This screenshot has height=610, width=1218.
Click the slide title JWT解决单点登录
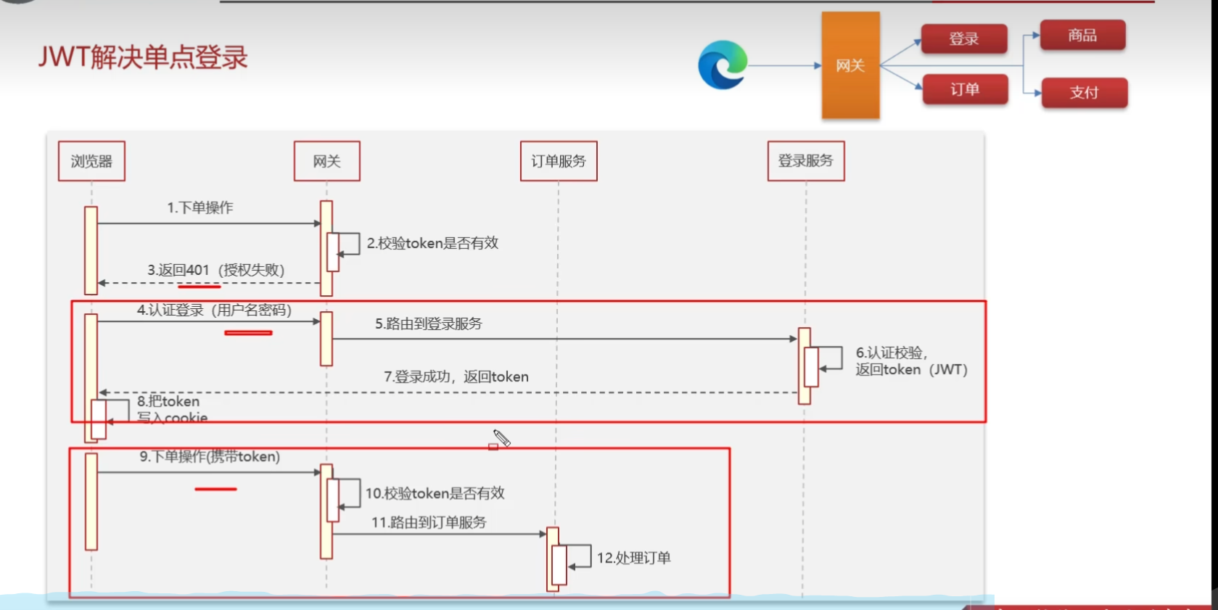coord(143,57)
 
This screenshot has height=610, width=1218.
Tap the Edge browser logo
coord(723,65)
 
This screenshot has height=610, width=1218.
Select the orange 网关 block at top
coord(850,65)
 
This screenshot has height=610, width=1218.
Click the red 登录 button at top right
coord(964,39)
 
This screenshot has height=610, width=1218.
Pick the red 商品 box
coord(1082,36)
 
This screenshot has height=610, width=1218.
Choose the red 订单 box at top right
coord(965,89)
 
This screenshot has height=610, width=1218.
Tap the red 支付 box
coord(1084,92)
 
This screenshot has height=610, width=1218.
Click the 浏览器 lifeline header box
coord(91,161)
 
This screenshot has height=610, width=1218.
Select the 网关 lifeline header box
coord(326,161)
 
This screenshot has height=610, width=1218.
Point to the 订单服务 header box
coord(559,161)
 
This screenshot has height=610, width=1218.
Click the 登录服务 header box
coord(805,161)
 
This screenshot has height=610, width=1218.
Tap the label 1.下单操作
coord(200,207)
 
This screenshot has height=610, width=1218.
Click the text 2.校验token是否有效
coord(432,243)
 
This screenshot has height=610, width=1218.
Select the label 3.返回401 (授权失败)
coord(215,270)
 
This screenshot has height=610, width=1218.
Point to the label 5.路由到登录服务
coord(428,323)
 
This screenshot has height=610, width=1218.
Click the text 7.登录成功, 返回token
coord(456,376)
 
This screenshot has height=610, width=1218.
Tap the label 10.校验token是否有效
coord(435,493)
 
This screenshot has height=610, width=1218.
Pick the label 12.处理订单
coord(633,558)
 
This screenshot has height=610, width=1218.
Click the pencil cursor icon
coord(501,438)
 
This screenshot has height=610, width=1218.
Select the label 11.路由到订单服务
coord(429,522)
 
